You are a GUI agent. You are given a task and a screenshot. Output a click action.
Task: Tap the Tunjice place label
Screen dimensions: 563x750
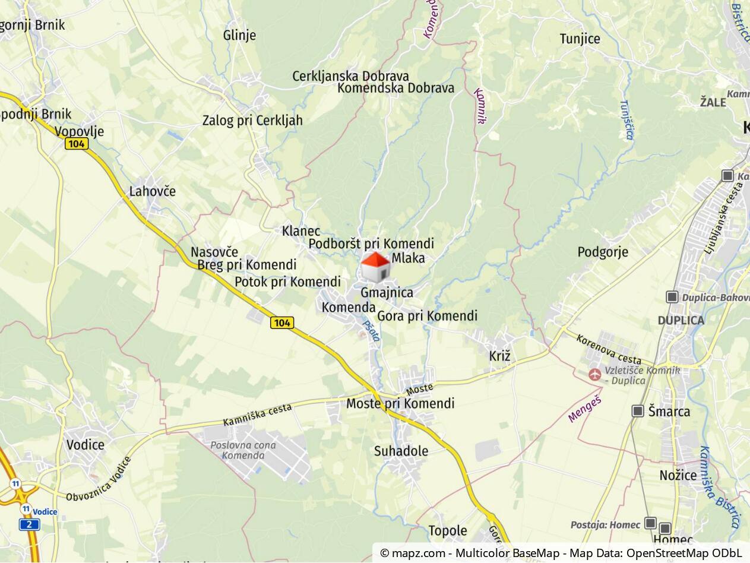tap(580, 39)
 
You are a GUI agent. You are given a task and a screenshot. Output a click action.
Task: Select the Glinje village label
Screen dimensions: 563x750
tap(239, 35)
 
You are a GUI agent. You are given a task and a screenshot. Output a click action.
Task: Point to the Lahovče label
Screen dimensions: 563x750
tap(153, 191)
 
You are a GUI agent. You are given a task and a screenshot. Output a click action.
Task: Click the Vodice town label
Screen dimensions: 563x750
tap(85, 445)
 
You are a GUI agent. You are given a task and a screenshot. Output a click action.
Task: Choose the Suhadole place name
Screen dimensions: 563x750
tap(401, 451)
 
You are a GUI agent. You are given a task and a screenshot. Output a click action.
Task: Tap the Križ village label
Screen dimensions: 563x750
tap(499, 356)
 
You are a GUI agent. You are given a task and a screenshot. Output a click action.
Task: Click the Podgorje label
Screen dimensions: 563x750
tap(603, 252)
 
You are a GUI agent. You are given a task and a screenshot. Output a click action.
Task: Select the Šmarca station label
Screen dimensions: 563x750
tap(669, 412)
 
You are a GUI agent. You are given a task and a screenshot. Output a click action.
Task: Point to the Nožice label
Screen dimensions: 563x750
tap(678, 475)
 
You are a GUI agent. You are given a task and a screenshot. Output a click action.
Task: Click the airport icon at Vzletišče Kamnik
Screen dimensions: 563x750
tap(594, 374)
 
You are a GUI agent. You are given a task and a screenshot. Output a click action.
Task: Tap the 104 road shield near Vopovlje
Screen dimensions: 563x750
tap(77, 144)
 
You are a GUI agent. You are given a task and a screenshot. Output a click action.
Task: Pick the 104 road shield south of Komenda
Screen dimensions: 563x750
tap(281, 322)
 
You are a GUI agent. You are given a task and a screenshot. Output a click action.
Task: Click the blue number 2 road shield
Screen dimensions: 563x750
tap(29, 524)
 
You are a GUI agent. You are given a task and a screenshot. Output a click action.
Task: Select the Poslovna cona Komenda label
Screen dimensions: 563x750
tap(243, 451)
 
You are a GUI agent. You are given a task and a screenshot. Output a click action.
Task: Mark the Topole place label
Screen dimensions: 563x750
tap(448, 531)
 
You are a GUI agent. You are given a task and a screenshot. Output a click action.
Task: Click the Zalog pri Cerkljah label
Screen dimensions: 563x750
tap(252, 121)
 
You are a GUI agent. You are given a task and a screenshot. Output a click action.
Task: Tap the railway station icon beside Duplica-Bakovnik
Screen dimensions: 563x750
tap(672, 297)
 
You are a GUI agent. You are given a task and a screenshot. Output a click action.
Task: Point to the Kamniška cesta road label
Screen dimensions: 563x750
tap(257, 415)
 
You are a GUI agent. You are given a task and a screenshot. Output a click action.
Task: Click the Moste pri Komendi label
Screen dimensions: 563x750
tap(400, 404)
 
